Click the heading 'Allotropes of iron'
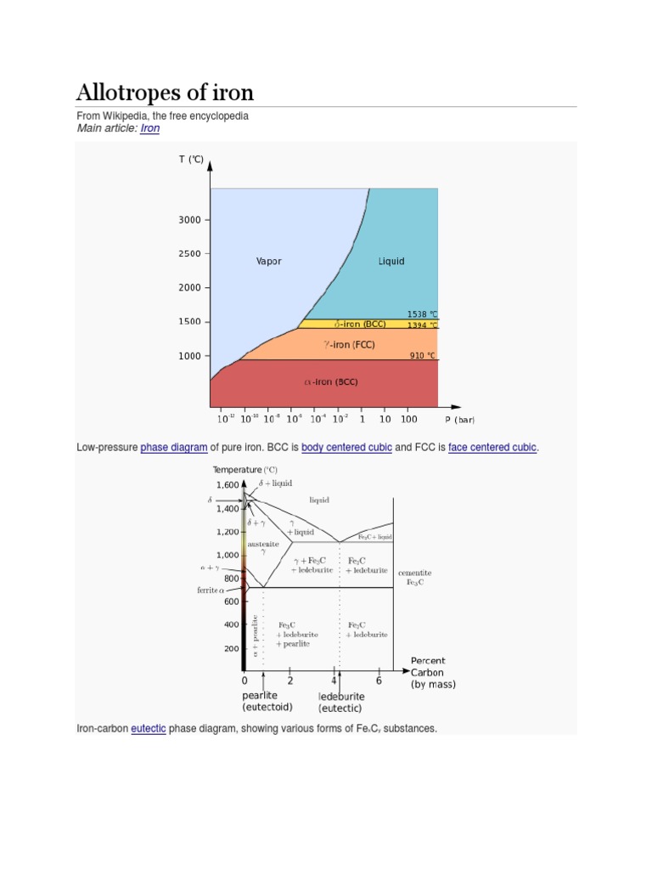[165, 92]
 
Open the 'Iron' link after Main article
[149, 128]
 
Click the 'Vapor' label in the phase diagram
[268, 262]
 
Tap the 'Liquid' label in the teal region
[391, 262]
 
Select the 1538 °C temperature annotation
[422, 314]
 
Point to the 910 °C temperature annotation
[422, 355]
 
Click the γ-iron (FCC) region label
[349, 345]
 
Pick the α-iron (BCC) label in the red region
[331, 382]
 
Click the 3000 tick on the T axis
[189, 220]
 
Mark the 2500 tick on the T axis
[189, 254]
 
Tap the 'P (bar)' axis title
[459, 420]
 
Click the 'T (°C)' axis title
[190, 159]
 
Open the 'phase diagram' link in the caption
[174, 447]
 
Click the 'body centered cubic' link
[346, 447]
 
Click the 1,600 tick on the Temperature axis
[228, 484]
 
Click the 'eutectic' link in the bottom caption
[149, 728]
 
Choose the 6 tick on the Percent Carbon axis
[379, 681]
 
